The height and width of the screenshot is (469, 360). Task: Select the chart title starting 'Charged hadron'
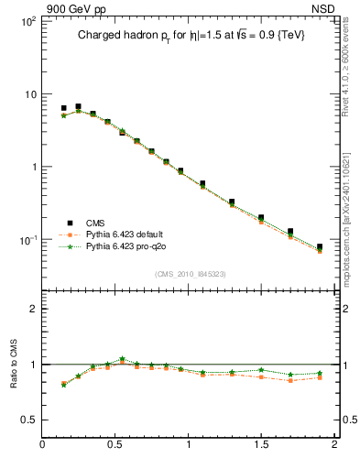(x=188, y=35)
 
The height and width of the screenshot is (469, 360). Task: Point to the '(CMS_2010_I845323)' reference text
(x=187, y=274)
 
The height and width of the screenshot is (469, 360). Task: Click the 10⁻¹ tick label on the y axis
(x=26, y=240)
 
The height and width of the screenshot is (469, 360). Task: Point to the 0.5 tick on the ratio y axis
(x=27, y=420)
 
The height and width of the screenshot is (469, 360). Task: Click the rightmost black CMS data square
(x=320, y=247)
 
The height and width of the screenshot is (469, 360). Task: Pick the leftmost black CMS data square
(x=63, y=108)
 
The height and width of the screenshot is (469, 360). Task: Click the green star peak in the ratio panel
(x=122, y=359)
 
